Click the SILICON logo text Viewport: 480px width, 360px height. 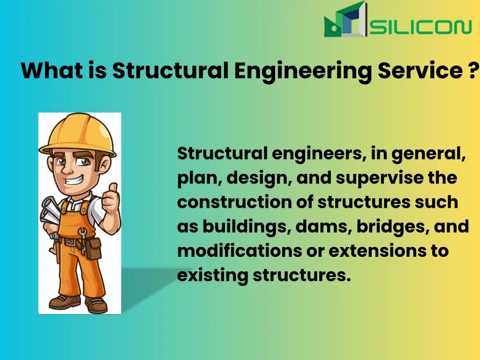pyautogui.click(x=420, y=27)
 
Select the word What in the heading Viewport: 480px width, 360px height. pyautogui.click(x=52, y=70)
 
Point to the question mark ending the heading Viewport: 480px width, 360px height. pyautogui.click(x=473, y=70)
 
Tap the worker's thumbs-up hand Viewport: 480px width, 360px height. pyautogui.click(x=111, y=198)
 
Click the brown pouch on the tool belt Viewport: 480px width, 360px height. pyautogui.click(x=93, y=248)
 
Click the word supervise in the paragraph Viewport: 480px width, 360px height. pyautogui.click(x=380, y=178)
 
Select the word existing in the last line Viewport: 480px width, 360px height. pyautogui.click(x=213, y=275)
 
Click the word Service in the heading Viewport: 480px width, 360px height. pyautogui.click(x=420, y=70)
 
